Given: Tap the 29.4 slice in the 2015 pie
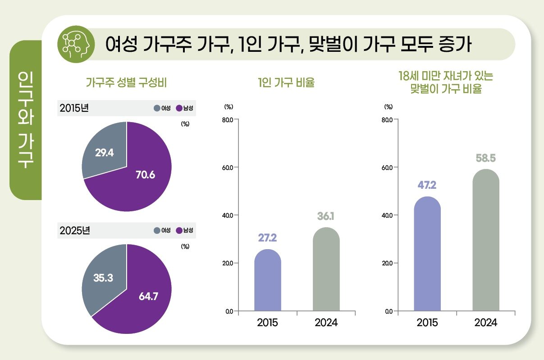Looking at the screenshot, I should [x=104, y=152].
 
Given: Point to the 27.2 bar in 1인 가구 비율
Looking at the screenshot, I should [x=267, y=282].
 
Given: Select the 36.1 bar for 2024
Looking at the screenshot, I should [x=326, y=270].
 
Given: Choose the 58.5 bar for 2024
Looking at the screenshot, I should [x=486, y=241].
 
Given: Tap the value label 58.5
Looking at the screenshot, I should [x=486, y=159].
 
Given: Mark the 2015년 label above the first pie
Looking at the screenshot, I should [x=74, y=108].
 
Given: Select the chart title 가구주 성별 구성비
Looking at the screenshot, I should [x=127, y=83].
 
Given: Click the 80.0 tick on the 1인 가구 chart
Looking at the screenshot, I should [x=227, y=120].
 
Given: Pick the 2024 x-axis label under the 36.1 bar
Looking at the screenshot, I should [x=326, y=323].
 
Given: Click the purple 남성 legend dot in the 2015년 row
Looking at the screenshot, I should [x=179, y=108].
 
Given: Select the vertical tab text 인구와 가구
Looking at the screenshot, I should [x=25, y=119].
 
